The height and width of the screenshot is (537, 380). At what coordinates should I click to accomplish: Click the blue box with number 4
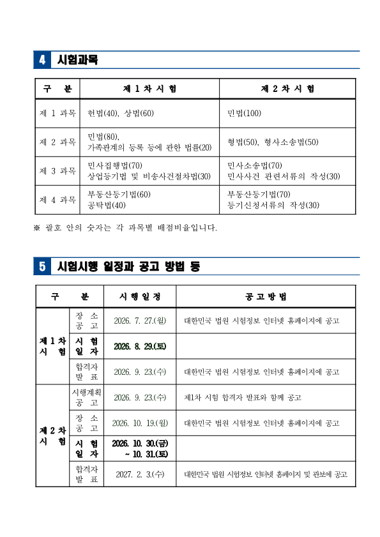[x=42, y=60]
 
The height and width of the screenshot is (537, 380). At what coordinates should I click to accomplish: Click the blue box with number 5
[x=42, y=267]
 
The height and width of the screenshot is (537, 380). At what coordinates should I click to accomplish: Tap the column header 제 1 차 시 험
[x=149, y=89]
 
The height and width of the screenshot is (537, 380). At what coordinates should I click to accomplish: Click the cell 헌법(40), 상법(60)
[x=121, y=114]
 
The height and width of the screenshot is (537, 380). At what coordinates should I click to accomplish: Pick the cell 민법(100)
[x=245, y=114]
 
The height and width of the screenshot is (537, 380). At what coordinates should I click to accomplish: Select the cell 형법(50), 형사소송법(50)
[x=273, y=142]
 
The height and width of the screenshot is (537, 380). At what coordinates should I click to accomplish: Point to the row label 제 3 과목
[x=57, y=171]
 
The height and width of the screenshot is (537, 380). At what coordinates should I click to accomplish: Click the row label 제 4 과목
[x=57, y=200]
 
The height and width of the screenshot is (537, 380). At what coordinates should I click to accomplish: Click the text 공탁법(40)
[x=107, y=205]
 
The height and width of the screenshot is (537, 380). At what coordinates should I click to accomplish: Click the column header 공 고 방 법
[x=266, y=296]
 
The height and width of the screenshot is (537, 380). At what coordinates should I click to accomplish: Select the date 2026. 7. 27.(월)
[x=140, y=321]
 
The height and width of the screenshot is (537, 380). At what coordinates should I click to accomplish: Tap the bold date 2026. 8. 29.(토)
[x=140, y=346]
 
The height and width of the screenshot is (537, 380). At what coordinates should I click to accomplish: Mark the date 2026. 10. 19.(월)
[x=140, y=423]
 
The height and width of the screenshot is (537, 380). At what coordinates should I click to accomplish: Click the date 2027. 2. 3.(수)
[x=140, y=474]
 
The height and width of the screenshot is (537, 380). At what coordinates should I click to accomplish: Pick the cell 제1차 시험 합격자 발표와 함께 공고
[x=242, y=397]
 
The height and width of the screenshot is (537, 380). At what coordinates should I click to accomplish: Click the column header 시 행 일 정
[x=140, y=296]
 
